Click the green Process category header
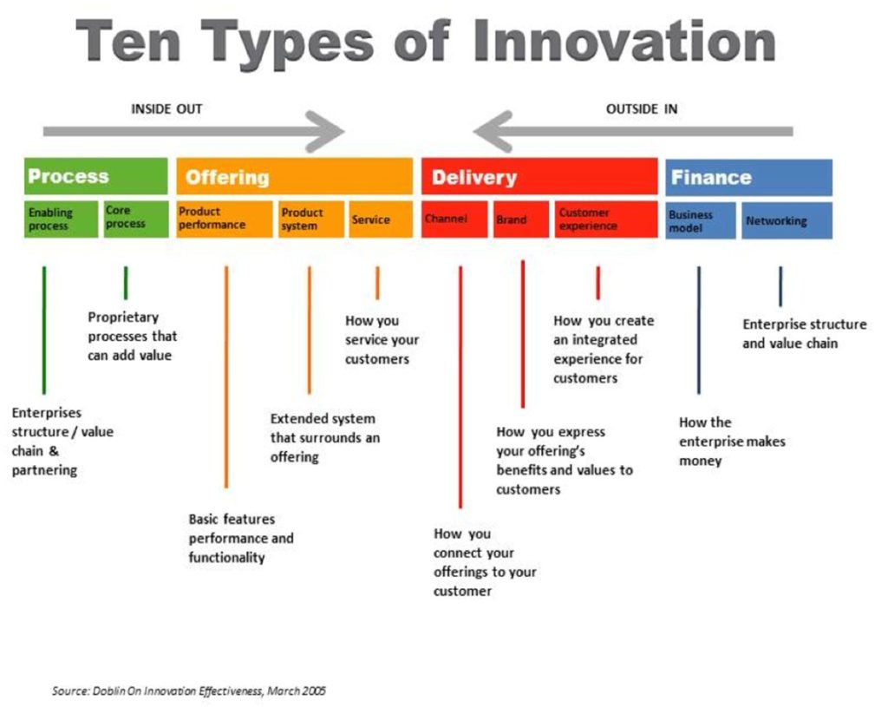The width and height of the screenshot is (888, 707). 95,177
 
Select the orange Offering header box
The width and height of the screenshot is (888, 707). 294,177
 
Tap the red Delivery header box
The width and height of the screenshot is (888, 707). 539,177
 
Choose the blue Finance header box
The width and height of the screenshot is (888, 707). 748,177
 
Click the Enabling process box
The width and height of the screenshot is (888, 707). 61,219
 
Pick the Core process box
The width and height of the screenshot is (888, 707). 135,219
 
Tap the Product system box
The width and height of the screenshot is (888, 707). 310,219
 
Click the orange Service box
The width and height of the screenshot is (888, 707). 380,219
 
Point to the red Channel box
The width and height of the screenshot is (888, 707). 455,219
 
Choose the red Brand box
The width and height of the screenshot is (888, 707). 520,219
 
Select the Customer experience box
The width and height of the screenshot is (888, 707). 605,219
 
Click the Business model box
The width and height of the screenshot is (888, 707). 701,220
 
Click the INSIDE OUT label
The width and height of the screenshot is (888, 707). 166,109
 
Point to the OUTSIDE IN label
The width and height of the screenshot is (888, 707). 642,109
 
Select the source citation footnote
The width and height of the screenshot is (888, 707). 189,691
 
